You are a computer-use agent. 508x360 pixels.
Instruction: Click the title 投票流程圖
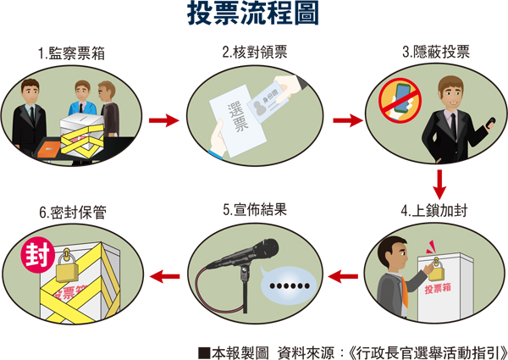tap(253, 16)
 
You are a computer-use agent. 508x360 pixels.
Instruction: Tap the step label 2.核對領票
tap(254, 53)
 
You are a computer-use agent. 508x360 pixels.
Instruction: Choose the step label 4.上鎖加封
tap(436, 208)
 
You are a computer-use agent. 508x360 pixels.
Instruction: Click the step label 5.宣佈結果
tap(255, 208)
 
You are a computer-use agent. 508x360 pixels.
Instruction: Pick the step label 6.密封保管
tap(74, 208)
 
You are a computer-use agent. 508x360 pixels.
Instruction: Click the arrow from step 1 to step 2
tap(163, 119)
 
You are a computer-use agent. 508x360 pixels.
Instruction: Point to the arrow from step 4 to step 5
tap(345, 274)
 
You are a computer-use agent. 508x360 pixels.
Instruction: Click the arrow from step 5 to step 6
tap(164, 274)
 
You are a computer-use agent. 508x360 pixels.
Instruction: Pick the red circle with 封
tap(36, 253)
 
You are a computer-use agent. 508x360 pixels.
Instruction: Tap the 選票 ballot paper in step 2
tap(238, 124)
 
